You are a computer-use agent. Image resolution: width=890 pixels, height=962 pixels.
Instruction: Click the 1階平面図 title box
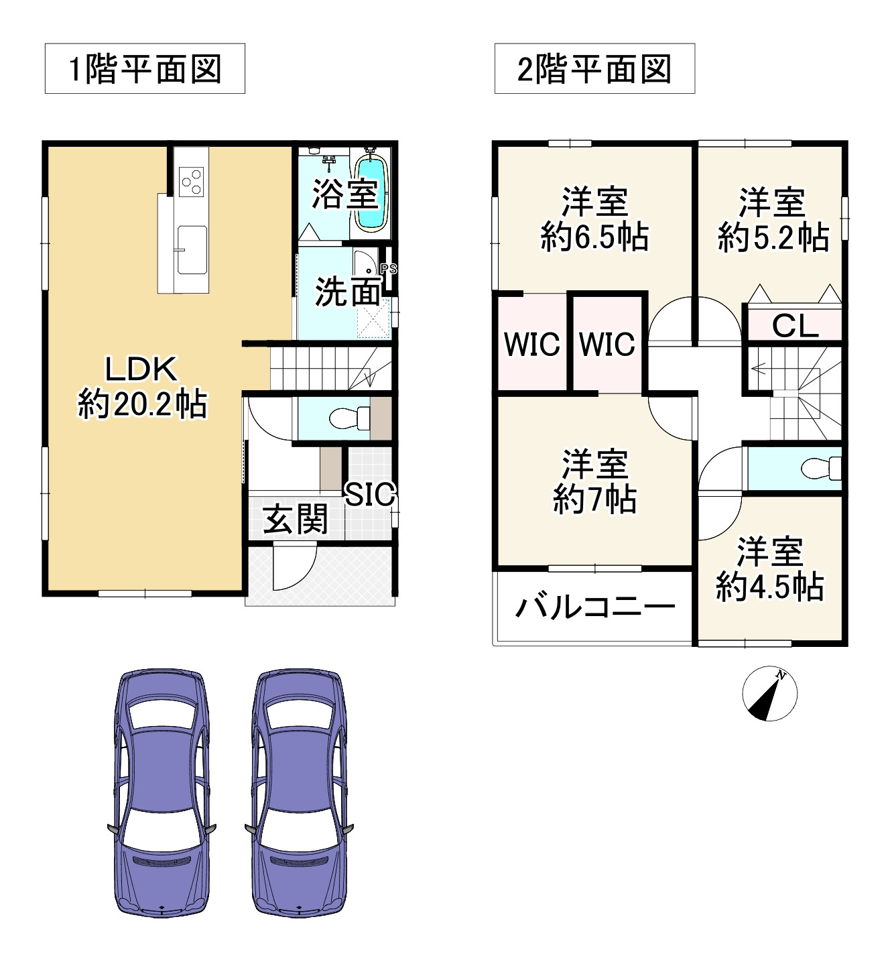pyautogui.click(x=145, y=69)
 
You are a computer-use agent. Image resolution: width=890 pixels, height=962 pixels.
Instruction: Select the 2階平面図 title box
pyautogui.click(x=594, y=69)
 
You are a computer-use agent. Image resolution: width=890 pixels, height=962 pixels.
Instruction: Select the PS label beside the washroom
pyautogui.click(x=389, y=269)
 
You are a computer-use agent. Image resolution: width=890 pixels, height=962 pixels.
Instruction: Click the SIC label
pyautogui.click(x=370, y=495)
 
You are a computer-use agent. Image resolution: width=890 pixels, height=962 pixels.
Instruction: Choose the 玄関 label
pyautogui.click(x=296, y=520)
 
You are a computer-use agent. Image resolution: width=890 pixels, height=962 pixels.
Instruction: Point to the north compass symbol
pyautogui.click(x=769, y=694)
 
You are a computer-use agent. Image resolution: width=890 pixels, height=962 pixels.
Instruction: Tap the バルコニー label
pyautogui.click(x=594, y=607)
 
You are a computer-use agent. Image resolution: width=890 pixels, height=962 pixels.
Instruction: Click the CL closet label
pyautogui.click(x=795, y=326)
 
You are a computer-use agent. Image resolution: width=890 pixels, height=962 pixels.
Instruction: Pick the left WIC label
pyautogui.click(x=531, y=344)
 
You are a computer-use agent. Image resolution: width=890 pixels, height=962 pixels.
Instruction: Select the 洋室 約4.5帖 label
pyautogui.click(x=769, y=569)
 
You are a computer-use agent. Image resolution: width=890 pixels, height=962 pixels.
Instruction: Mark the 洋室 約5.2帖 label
pyautogui.click(x=773, y=221)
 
